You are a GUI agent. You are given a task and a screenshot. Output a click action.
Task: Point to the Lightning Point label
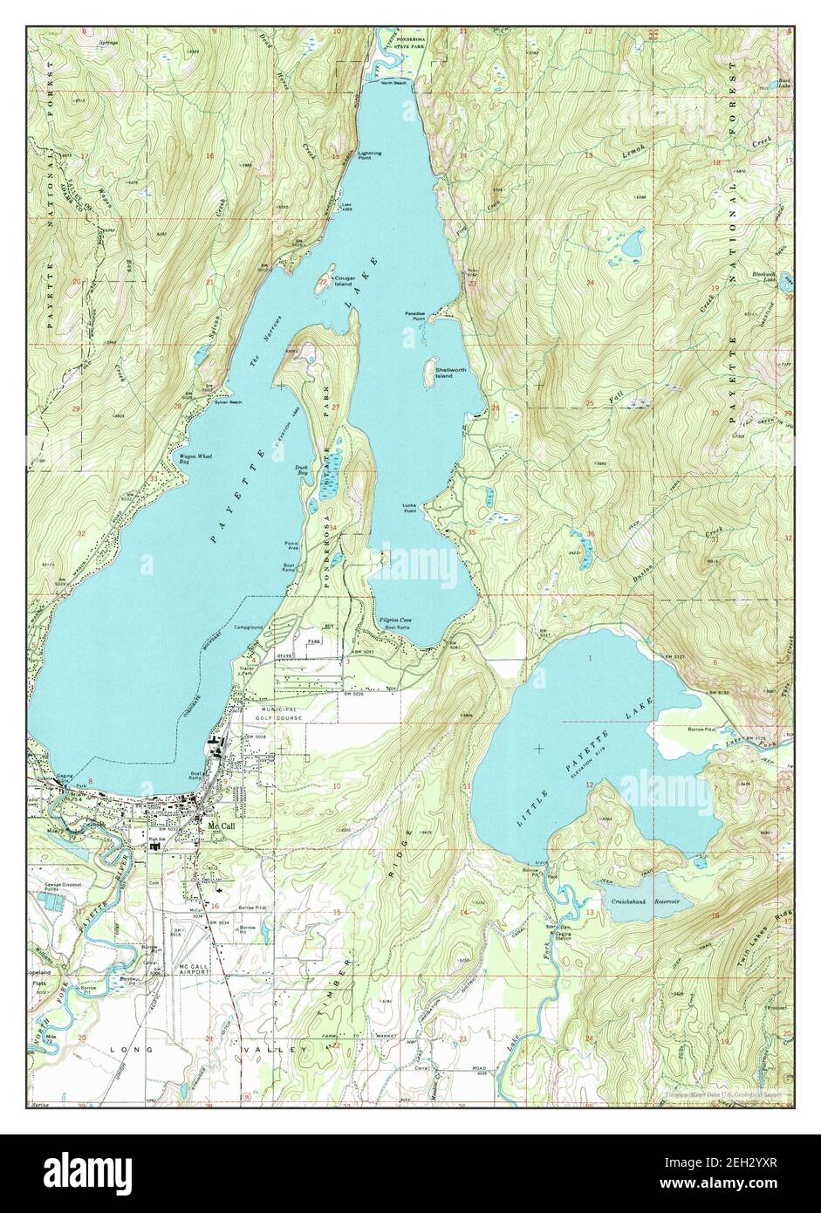click(370, 155)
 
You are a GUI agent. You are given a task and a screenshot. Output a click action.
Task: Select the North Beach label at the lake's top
click(393, 83)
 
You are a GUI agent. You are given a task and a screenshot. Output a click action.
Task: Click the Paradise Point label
click(414, 315)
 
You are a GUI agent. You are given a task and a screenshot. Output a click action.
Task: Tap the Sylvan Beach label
click(229, 401)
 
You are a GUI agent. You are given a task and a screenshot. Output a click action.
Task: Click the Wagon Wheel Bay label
click(196, 460)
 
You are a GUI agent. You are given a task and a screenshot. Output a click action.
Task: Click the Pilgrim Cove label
click(395, 620)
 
